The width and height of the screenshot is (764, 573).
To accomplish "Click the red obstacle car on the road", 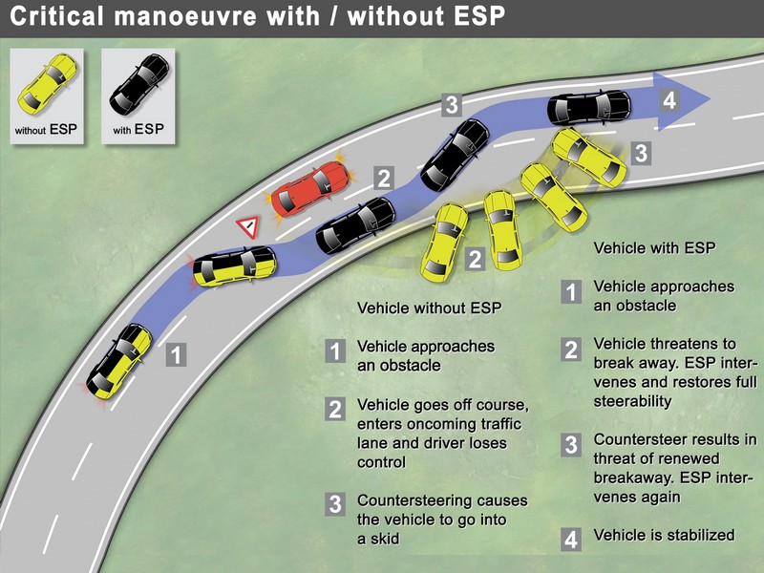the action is click(310, 188).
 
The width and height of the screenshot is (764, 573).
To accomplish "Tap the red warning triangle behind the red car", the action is click(247, 227).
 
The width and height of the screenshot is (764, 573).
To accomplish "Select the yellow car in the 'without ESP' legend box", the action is click(48, 85).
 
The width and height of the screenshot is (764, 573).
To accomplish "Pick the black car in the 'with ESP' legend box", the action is click(139, 85).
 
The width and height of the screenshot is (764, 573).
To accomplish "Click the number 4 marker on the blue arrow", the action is click(669, 100).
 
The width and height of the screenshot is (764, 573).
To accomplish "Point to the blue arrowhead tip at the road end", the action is click(711, 99).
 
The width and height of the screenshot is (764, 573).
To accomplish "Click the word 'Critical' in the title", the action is click(56, 15).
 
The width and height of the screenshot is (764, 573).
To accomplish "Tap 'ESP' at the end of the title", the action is click(479, 15).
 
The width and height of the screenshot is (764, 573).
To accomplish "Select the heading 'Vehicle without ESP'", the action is click(429, 308).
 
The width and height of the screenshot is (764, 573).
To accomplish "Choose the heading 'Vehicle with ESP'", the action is click(654, 248).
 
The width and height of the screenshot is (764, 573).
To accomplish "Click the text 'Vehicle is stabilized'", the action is click(664, 535).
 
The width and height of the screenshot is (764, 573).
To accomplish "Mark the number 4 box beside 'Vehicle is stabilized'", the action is click(571, 540).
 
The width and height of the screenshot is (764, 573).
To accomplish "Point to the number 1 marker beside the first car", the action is click(176, 354).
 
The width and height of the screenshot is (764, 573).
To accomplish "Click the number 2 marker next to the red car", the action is click(384, 178).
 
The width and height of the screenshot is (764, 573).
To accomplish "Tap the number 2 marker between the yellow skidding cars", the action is click(475, 259).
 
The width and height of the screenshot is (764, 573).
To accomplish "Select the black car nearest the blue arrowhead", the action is click(589, 107).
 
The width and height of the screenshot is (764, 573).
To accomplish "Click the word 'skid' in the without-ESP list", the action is click(385, 539).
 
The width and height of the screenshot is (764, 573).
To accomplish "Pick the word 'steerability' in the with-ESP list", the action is click(632, 401).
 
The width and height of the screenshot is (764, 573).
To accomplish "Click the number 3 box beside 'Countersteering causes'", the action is click(335, 504).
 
